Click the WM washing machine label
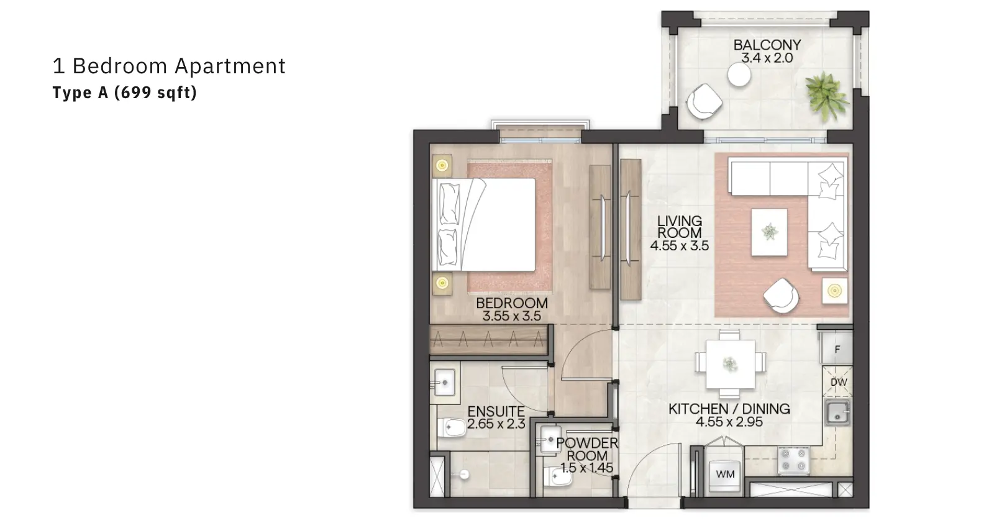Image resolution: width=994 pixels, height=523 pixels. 725,474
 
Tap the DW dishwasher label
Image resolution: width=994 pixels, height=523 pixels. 838,382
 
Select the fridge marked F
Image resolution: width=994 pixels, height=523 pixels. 837,348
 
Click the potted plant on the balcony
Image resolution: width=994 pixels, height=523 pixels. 826,96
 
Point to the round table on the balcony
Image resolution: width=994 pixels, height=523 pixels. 739,75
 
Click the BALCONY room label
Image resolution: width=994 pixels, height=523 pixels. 767,45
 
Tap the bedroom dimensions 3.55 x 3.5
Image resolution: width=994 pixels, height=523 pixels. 512,316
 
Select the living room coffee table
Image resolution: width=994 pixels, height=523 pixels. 770,232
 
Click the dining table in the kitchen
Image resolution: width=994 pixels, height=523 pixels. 731,364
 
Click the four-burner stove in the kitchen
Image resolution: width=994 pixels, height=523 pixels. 793,460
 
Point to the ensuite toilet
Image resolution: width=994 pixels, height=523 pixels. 451,428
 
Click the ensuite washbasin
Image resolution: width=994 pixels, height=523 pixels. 444,382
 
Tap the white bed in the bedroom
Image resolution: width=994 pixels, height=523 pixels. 484,224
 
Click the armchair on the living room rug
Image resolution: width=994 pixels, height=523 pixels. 782,296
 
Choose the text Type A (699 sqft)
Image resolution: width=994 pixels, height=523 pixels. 125,93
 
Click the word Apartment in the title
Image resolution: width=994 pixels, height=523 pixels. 230,66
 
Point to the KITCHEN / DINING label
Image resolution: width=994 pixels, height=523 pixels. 729,409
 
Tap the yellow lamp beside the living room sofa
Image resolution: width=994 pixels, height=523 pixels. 835,291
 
